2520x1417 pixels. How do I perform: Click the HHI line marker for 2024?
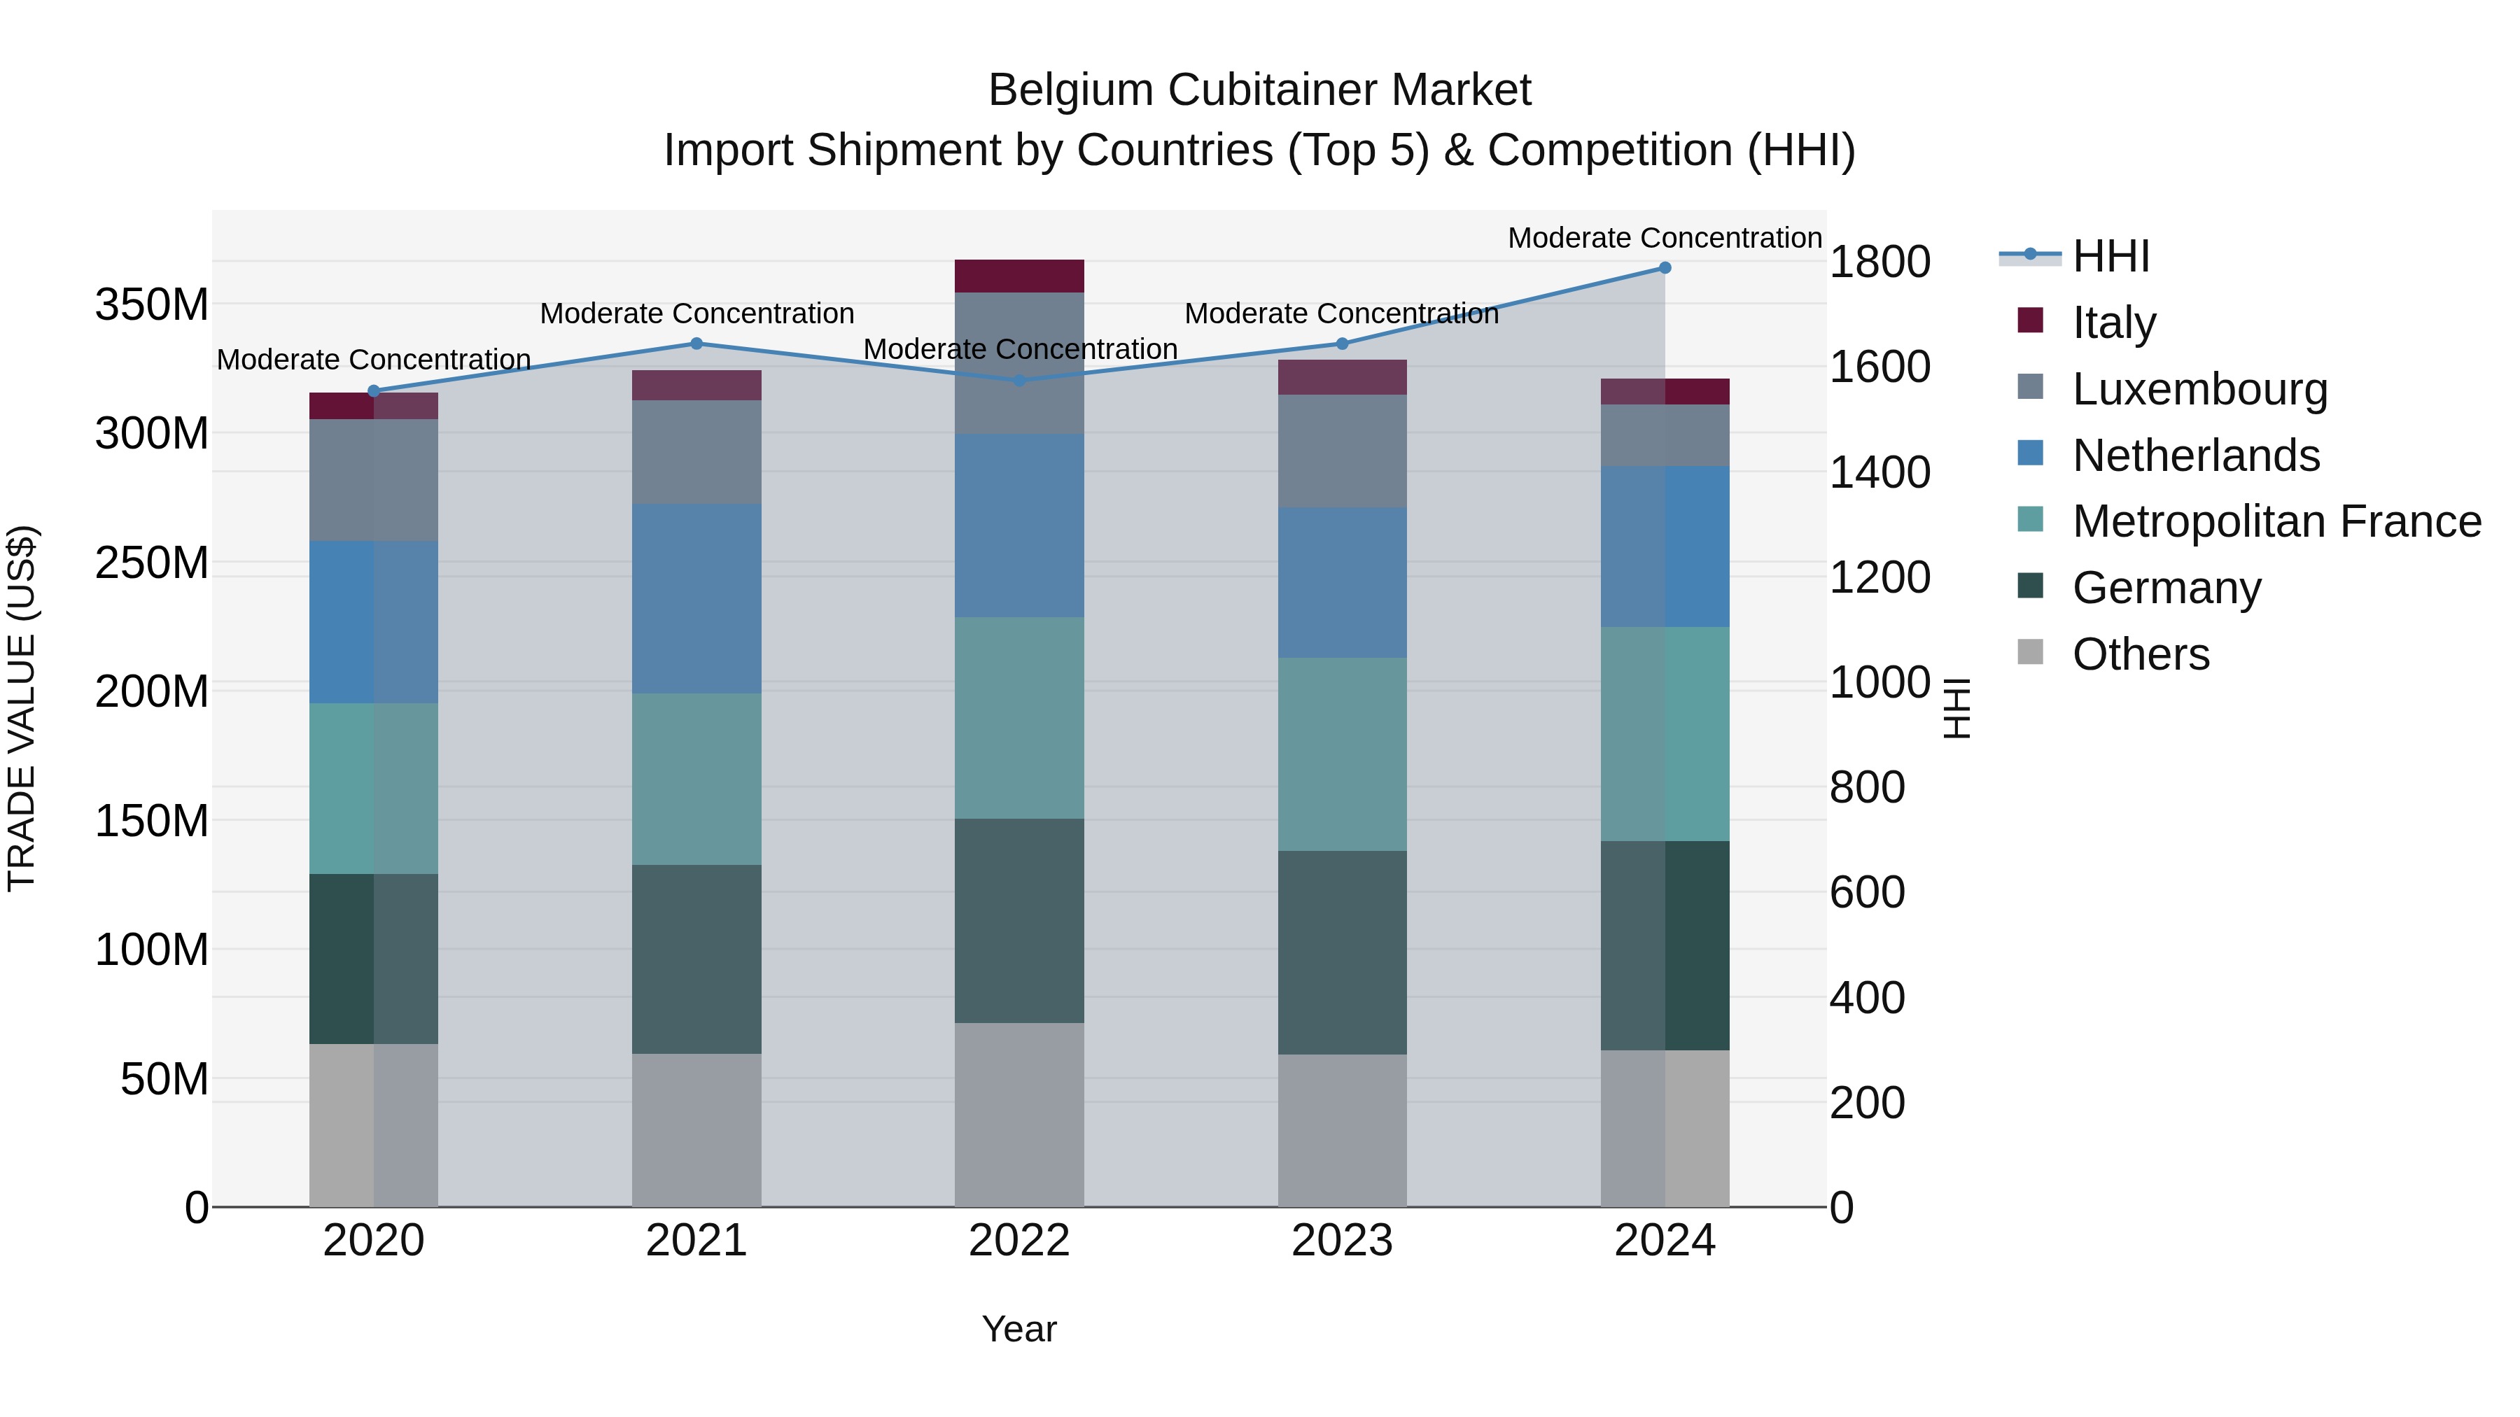(x=1665, y=268)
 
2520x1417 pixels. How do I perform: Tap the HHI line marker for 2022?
(x=1019, y=381)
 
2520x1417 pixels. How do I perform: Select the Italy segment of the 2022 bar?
(x=1019, y=276)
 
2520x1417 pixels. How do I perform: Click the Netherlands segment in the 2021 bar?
(x=696, y=598)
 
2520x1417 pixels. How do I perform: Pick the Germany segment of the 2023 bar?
(x=1342, y=952)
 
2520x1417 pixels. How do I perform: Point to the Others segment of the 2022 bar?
(x=1019, y=1115)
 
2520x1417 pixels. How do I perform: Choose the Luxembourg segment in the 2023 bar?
(x=1342, y=451)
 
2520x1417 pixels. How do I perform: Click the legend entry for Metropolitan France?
(x=2276, y=521)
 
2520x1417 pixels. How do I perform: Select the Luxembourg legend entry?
(x=2199, y=389)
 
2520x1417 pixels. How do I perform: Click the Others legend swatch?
(x=2031, y=652)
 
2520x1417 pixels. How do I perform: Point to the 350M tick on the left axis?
(x=152, y=305)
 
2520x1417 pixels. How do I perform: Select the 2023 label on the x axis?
(x=1342, y=1241)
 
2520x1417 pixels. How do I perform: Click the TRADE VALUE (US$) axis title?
(x=22, y=708)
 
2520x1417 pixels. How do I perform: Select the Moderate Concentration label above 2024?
(x=1665, y=238)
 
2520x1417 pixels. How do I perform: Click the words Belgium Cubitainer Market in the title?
(x=1259, y=90)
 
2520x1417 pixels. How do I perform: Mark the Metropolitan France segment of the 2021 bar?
(x=696, y=780)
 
